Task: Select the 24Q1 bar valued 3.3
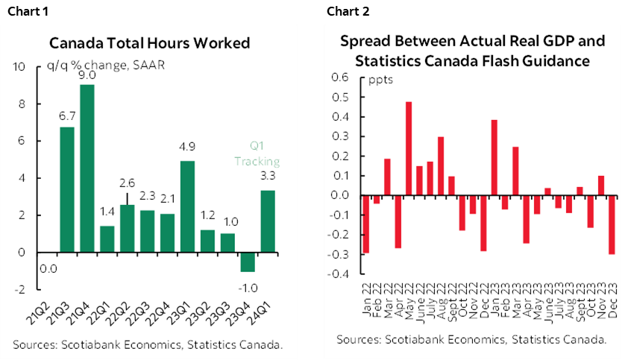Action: coord(267,221)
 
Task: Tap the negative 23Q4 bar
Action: coord(247,262)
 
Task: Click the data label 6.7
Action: coord(67,116)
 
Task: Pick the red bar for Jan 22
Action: coord(366,224)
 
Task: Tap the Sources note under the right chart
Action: coord(471,340)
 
